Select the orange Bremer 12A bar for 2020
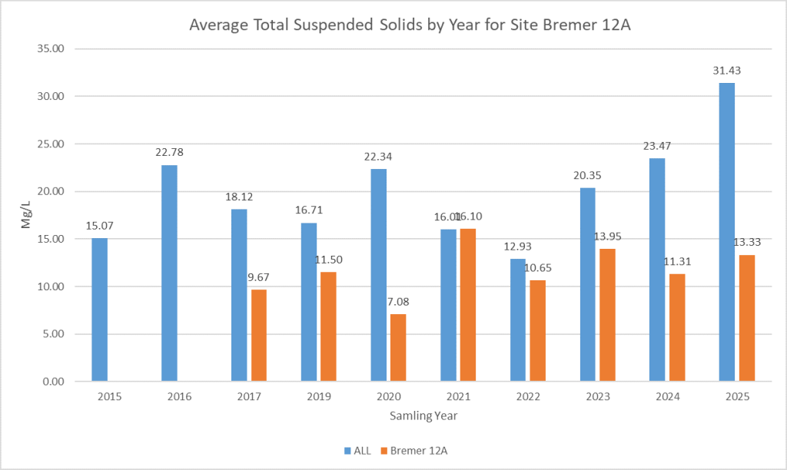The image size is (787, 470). [x=398, y=347]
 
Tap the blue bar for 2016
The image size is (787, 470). [x=169, y=273]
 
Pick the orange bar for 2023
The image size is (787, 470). [x=607, y=315]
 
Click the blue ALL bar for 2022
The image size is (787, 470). [x=518, y=319]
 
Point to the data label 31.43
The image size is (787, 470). [x=726, y=71]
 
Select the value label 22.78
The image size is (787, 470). [x=169, y=152]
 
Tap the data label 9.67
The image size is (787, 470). [x=259, y=277]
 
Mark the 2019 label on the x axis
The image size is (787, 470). [x=319, y=397]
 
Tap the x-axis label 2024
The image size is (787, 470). [x=667, y=397]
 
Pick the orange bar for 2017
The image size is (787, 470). [x=259, y=335]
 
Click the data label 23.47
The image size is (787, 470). [x=657, y=146]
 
